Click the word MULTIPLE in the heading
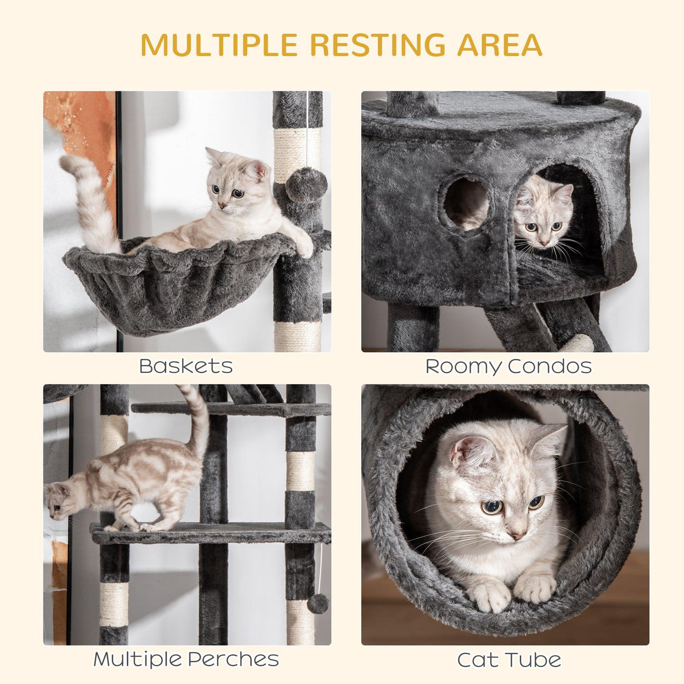point(219,45)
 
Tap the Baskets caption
point(186,366)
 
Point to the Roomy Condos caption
point(508,366)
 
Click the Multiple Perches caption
point(186,659)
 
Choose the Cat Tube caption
point(508,660)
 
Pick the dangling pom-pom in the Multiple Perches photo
point(318,603)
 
